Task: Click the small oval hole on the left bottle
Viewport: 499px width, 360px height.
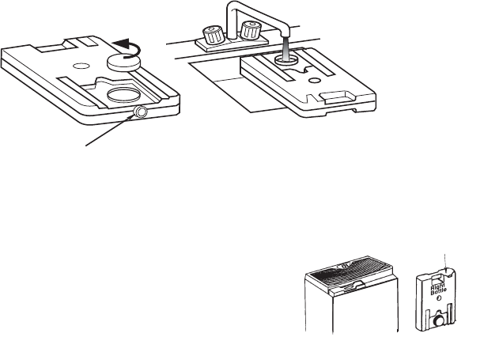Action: [82, 60]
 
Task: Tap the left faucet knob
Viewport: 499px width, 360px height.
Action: [211, 35]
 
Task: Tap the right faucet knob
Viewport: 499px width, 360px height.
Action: [253, 32]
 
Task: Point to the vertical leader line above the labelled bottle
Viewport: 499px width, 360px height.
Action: [445, 262]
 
